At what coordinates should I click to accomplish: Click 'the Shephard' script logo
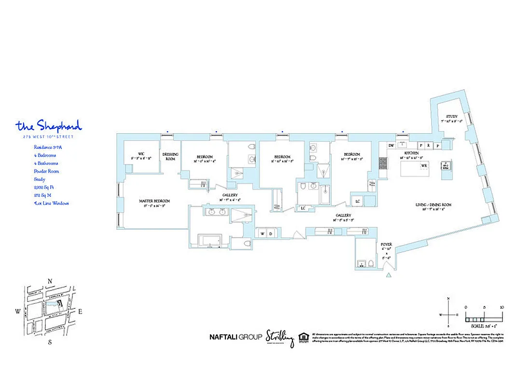pyautogui.click(x=49, y=126)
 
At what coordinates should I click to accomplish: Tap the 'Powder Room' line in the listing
pyautogui.click(x=46, y=171)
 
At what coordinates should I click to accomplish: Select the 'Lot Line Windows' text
pyautogui.click(x=51, y=203)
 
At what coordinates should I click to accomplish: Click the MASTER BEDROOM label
pyautogui.click(x=154, y=201)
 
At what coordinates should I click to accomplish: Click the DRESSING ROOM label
pyautogui.click(x=171, y=156)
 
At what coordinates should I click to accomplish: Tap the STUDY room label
pyautogui.click(x=451, y=117)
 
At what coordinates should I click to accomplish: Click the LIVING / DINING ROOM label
pyautogui.click(x=433, y=205)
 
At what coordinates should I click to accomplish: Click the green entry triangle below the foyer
pyautogui.click(x=388, y=276)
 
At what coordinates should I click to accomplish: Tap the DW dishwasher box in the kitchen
pyautogui.click(x=391, y=145)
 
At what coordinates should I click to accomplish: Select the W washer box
pyautogui.click(x=263, y=234)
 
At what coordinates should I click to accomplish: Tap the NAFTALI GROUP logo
pyautogui.click(x=236, y=337)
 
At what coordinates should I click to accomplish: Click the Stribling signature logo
pyautogui.click(x=279, y=338)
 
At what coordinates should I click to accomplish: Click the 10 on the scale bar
pyautogui.click(x=502, y=307)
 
